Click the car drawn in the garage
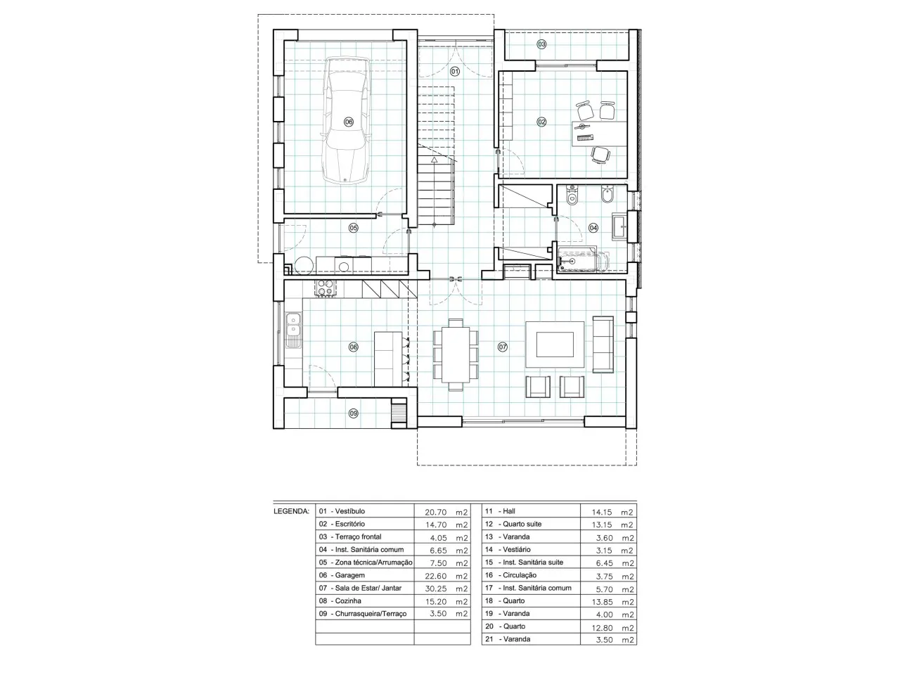pos(347,120)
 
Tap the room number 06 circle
pos(348,122)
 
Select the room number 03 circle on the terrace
pos(541,44)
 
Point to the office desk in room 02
pos(599,134)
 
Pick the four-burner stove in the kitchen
pos(325,288)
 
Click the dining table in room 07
pos(455,354)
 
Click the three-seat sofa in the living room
pos(603,344)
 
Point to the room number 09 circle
pos(353,413)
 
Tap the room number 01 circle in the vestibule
pos(455,72)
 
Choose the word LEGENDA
pos(291,511)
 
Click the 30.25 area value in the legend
pos(435,589)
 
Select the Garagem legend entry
pos(342,575)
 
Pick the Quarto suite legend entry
pos(513,524)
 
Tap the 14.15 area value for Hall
pos(601,512)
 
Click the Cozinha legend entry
pos(340,600)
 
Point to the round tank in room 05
pos(304,265)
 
